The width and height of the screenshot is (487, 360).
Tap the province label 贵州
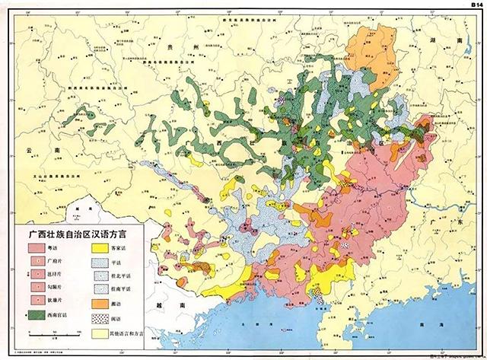(x=199, y=47)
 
